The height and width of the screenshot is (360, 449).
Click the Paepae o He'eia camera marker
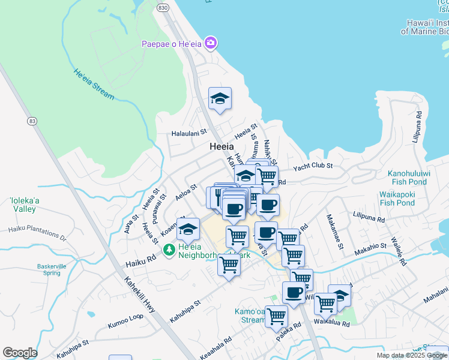pos(210,43)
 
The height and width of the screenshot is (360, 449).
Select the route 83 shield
pos(32,121)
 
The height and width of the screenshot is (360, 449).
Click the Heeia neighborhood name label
pos(221,146)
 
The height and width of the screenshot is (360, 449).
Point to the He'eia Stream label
pos(94,85)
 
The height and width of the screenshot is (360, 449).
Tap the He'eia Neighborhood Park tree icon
pos(169,249)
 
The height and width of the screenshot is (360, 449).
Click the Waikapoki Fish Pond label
pos(397,199)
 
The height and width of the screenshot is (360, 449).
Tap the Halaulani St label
pos(188,133)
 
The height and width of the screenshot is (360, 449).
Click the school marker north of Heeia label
pos(220,99)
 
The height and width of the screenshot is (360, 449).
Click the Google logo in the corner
pos(20,353)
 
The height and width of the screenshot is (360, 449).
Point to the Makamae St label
pos(335,232)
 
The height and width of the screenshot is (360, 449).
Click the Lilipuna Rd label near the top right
pos(417,126)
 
